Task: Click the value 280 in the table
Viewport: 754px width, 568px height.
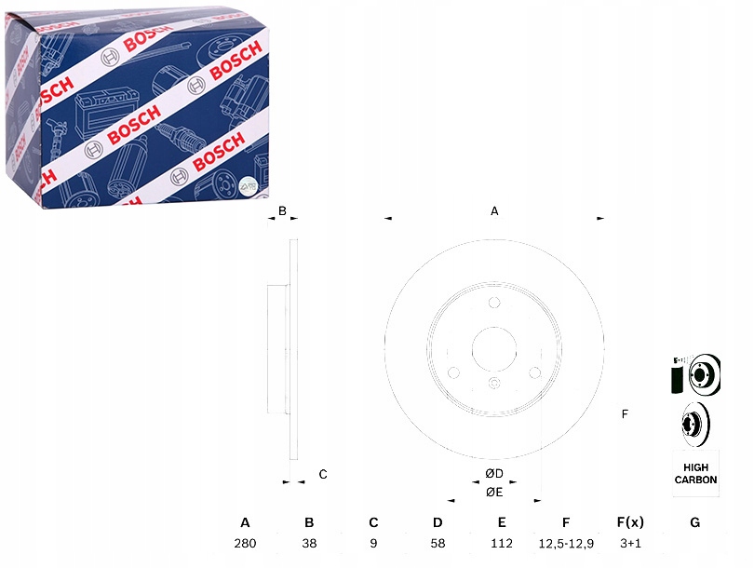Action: [x=245, y=542]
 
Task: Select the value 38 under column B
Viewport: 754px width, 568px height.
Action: [x=309, y=542]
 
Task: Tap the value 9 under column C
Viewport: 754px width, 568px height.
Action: [x=373, y=542]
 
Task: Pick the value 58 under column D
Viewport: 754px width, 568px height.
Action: [x=438, y=542]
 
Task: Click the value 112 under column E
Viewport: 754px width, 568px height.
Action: [x=502, y=542]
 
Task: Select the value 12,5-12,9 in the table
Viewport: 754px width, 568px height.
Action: [x=566, y=542]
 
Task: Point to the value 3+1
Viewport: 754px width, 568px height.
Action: [x=630, y=542]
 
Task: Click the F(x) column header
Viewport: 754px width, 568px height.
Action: [x=630, y=522]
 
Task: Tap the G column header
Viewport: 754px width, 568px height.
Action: [x=694, y=522]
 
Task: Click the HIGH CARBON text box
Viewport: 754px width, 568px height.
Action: [x=695, y=473]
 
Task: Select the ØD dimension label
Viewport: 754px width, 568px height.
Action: [x=494, y=474]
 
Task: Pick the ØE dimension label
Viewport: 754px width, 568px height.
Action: [x=494, y=492]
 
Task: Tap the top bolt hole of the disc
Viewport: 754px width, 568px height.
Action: [x=494, y=303]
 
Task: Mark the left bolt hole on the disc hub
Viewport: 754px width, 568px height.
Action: [x=453, y=373]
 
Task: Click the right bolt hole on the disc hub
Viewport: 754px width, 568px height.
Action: [x=535, y=373]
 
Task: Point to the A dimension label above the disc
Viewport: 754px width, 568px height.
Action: [x=495, y=211]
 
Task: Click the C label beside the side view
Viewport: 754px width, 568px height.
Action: [x=323, y=474]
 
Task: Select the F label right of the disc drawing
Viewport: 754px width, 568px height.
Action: [x=625, y=413]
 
